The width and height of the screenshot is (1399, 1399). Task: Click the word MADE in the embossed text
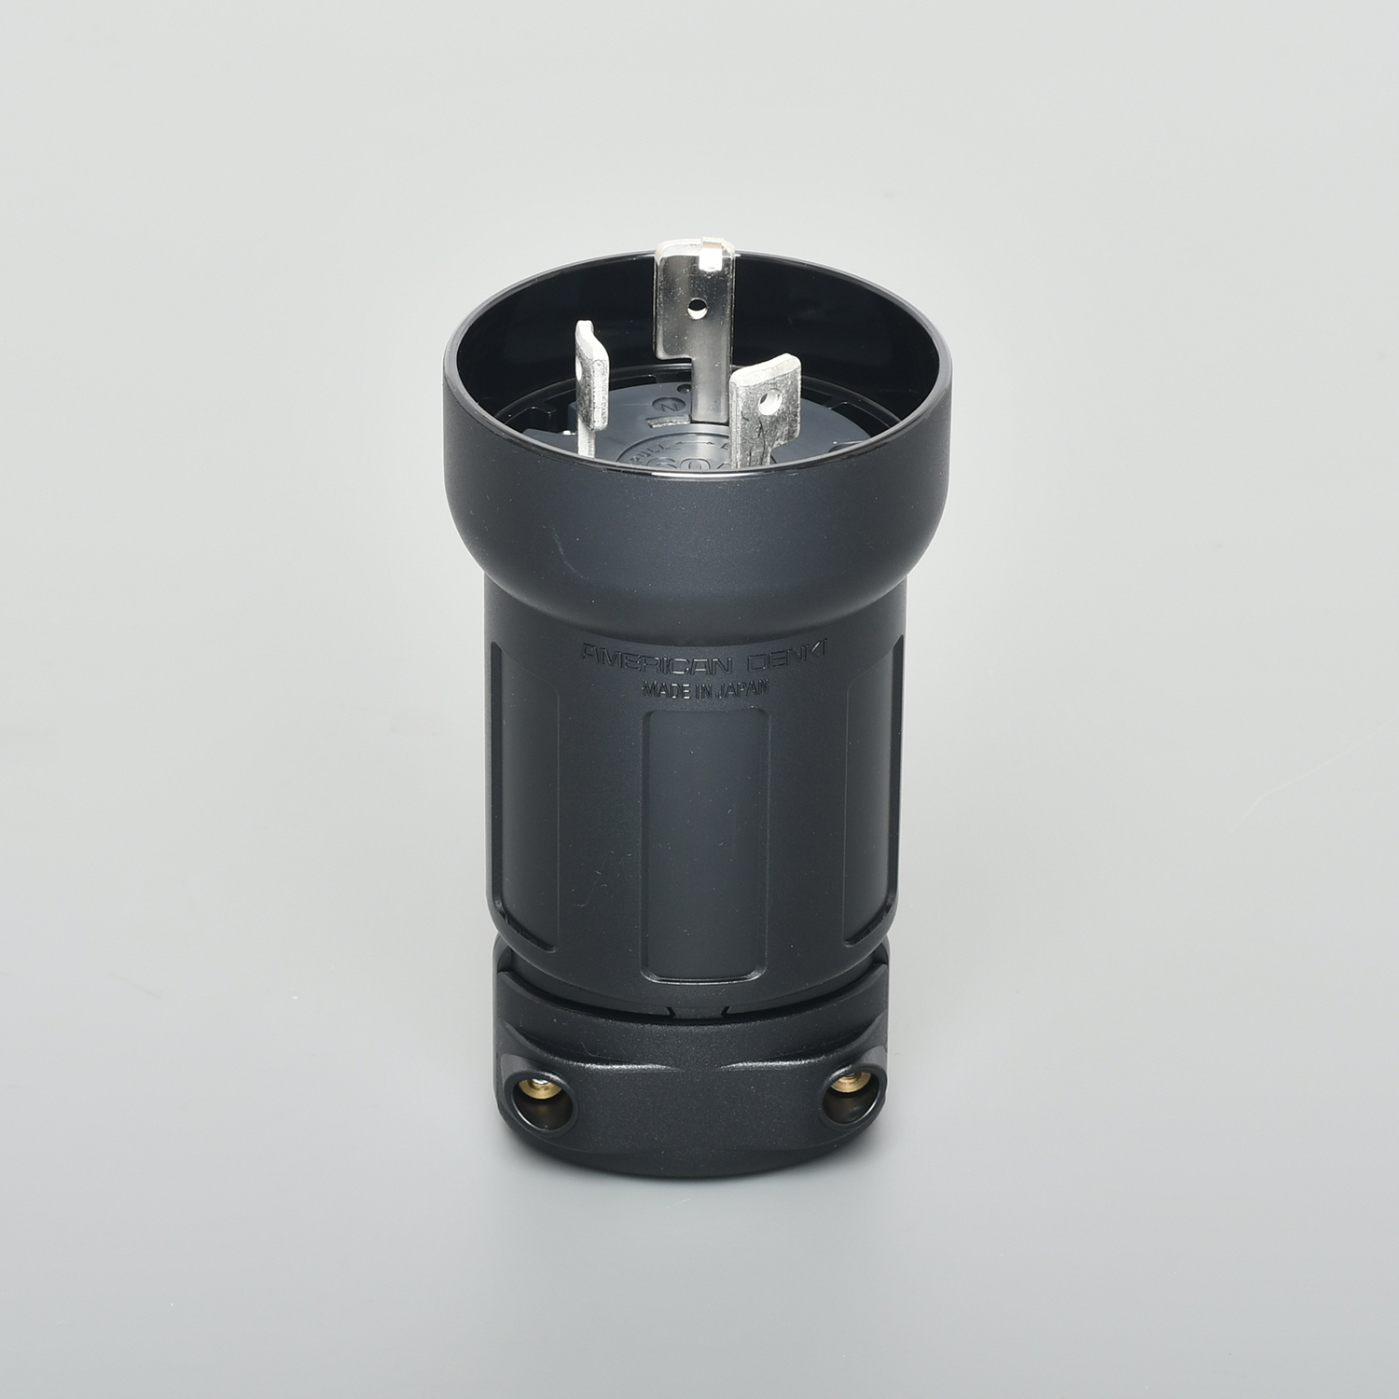point(660,687)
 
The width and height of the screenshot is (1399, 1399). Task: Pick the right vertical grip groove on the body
point(872,793)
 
